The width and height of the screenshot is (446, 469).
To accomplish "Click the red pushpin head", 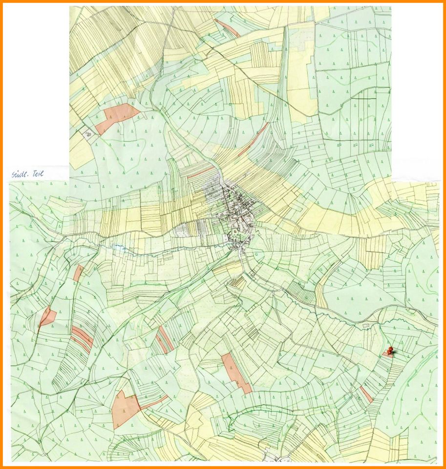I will [x=389, y=349].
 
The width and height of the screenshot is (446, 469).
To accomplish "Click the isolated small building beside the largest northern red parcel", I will [x=88, y=132].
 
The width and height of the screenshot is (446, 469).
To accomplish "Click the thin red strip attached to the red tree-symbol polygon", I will [x=153, y=402].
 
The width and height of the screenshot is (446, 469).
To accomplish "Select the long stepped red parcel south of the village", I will [x=235, y=373].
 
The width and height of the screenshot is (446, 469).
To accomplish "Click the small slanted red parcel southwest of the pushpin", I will [x=366, y=394].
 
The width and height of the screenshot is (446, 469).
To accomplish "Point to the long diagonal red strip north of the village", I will [x=253, y=140].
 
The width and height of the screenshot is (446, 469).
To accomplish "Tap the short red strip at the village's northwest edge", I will [x=201, y=172].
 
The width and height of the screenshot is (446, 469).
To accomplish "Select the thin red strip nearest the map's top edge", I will [x=228, y=28].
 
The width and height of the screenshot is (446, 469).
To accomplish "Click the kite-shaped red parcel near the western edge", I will [x=46, y=316].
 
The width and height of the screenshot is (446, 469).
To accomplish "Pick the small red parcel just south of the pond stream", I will [x=78, y=273].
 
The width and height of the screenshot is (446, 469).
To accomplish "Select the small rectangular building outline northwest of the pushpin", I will [x=366, y=325].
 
